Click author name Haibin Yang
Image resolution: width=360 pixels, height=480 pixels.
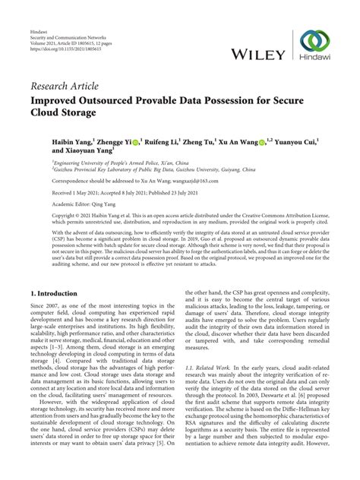[71, 141]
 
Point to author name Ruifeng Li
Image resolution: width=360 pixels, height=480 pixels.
[164, 141]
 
